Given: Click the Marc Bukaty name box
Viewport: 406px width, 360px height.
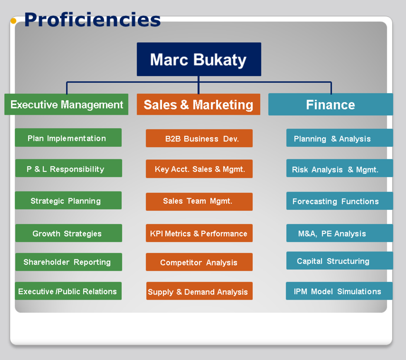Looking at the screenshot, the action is click(x=199, y=59).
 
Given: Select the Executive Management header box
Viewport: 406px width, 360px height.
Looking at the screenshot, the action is click(x=66, y=104).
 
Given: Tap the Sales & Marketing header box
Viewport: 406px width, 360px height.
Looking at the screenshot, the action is click(x=198, y=104).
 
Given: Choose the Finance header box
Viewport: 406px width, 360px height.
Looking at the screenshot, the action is click(x=331, y=104).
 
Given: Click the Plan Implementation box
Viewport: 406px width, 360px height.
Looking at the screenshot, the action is click(x=68, y=137).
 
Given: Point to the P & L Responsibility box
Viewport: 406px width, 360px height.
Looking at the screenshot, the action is click(x=69, y=168).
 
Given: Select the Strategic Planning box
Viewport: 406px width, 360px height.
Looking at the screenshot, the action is click(x=68, y=200).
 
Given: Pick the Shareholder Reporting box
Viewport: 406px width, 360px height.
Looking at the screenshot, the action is click(x=69, y=262).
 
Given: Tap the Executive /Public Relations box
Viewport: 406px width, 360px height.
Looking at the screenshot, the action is click(x=68, y=291).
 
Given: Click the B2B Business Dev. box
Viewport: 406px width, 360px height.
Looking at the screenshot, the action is click(x=199, y=138).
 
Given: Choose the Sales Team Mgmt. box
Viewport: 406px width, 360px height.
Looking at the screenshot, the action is click(x=199, y=202).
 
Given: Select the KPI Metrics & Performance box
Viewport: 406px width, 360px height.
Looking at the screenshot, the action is click(x=199, y=233).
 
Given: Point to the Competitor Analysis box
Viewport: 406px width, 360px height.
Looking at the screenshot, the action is click(x=199, y=262).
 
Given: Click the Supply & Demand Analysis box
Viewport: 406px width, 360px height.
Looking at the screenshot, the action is click(x=199, y=291).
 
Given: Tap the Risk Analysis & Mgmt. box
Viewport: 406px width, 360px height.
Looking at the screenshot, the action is click(x=340, y=168).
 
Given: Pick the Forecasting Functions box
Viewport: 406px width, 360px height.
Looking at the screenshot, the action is click(x=340, y=201).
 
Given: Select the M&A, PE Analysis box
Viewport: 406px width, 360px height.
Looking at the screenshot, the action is click(x=340, y=233).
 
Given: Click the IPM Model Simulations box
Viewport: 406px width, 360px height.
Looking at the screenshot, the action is click(x=339, y=291).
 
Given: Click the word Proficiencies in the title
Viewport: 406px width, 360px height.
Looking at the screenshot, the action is click(x=92, y=20).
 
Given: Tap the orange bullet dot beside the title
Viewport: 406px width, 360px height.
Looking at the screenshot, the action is click(x=13, y=21).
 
